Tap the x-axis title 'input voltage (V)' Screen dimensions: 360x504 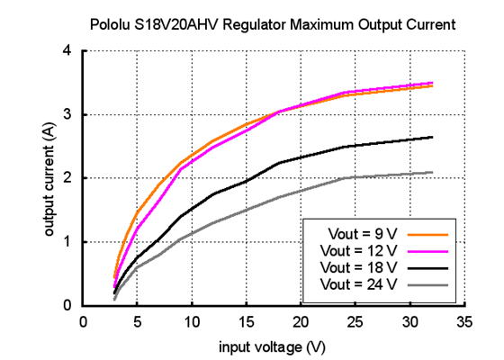[272, 346]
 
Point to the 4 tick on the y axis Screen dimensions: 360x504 [67, 50]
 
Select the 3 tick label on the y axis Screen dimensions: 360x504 [67, 114]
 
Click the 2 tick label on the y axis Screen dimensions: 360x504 [67, 178]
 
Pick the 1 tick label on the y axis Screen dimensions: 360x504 [67, 242]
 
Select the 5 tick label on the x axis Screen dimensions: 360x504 [137, 321]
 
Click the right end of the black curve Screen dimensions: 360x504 [432, 137]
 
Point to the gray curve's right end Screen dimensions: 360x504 [432, 172]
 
